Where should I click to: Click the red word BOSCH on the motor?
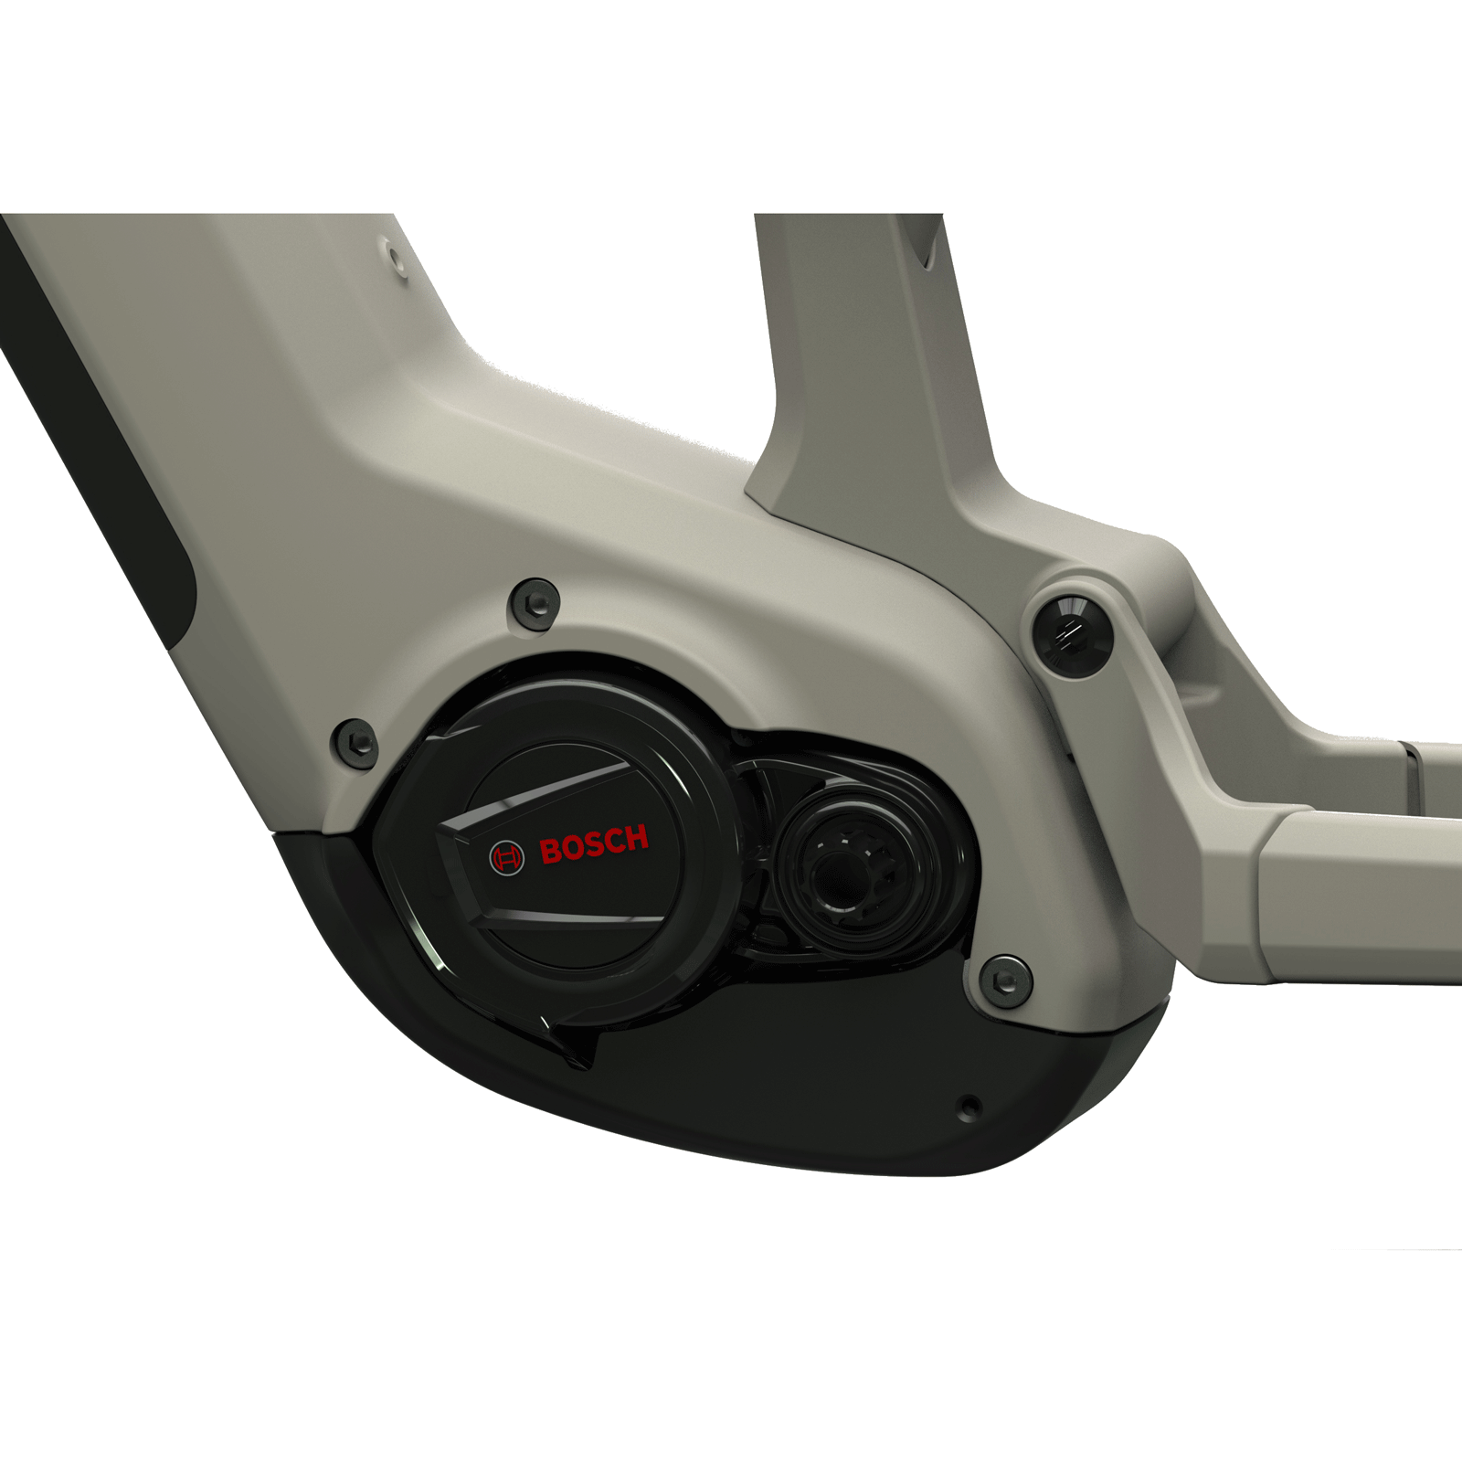coord(594,844)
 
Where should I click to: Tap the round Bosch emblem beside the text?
coord(507,857)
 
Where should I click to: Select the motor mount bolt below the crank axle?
coord(1005,980)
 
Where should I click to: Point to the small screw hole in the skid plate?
coord(970,1108)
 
